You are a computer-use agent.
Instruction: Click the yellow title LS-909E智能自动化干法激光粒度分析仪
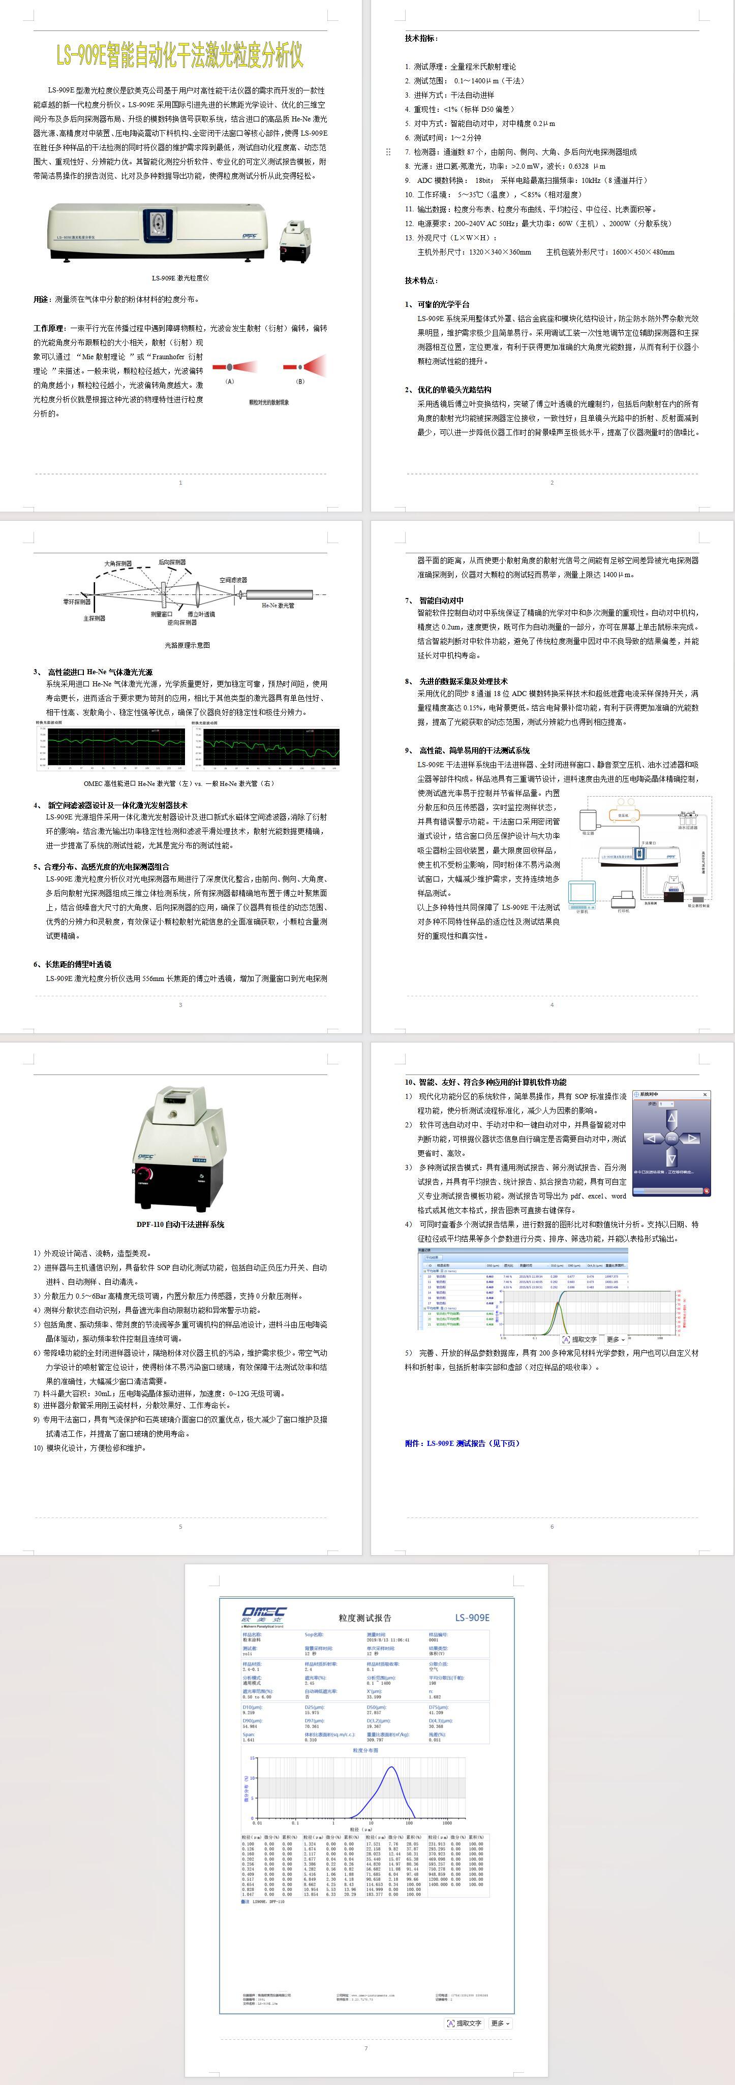click(180, 55)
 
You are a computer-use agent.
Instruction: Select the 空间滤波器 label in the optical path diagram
click(233, 580)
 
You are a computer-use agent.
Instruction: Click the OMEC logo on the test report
click(263, 1614)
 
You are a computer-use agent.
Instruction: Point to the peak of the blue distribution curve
click(391, 1767)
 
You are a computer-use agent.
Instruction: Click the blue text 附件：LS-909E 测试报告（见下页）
click(462, 1443)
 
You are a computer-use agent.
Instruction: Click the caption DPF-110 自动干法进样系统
click(180, 1224)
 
